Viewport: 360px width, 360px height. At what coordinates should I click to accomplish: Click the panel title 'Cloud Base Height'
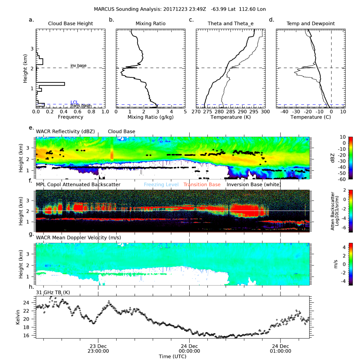71,23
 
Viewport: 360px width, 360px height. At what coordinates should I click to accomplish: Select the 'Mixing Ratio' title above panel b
150,23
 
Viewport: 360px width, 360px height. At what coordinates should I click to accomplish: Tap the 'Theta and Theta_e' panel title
230,23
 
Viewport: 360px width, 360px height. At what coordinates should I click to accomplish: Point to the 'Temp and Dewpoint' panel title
311,23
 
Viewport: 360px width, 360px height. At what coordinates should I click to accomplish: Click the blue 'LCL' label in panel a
74,102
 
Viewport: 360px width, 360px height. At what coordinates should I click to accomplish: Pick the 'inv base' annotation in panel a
78,66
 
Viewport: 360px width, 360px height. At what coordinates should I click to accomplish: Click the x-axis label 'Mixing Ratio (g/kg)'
150,117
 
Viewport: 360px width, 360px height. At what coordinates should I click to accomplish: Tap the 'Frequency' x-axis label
71,117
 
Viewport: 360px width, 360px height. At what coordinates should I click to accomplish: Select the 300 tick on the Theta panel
265,112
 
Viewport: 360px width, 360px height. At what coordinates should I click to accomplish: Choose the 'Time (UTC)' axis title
172,356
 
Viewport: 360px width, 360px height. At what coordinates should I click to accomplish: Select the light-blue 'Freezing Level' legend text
161,184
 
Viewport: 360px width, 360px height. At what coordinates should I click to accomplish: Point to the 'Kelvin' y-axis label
18,317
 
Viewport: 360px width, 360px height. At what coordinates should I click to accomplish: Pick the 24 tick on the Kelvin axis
31,303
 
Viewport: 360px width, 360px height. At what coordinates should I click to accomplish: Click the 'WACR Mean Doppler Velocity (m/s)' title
78,238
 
